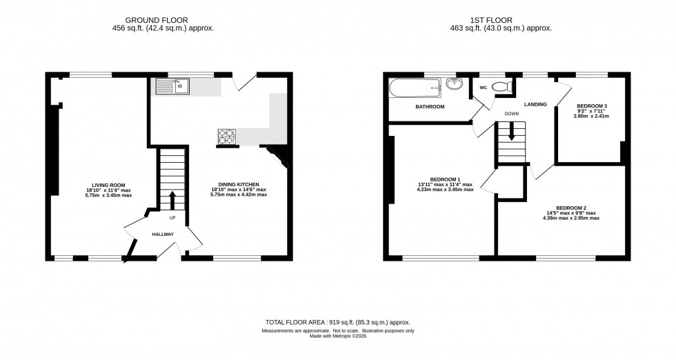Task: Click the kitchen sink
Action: click(x=173, y=86)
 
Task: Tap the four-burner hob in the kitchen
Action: click(x=227, y=136)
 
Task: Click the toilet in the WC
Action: click(x=506, y=86)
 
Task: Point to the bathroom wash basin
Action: click(x=454, y=85)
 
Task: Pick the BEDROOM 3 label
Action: click(x=591, y=106)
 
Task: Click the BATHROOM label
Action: click(x=430, y=107)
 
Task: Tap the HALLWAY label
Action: click(x=163, y=234)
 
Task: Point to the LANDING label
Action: click(x=535, y=104)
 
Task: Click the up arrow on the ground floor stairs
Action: click(x=172, y=200)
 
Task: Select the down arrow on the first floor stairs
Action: click(x=511, y=134)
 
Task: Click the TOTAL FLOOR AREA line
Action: click(x=337, y=323)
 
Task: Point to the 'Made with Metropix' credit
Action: click(x=338, y=336)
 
